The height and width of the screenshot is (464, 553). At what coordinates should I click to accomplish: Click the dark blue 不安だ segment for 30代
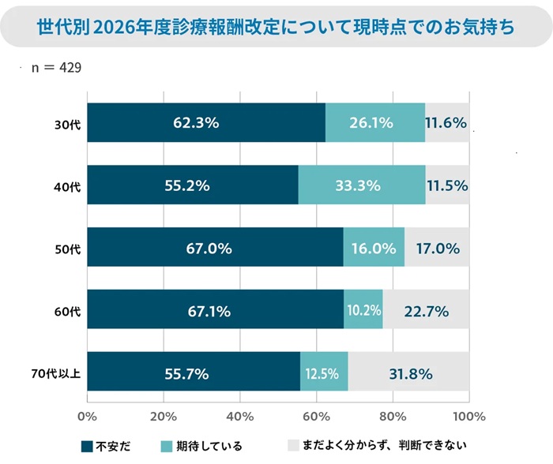(206, 123)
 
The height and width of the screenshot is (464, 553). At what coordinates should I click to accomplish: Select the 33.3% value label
(359, 186)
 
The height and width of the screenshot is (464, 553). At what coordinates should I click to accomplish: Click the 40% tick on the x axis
(239, 416)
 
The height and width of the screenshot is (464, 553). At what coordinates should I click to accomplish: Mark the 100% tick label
(469, 416)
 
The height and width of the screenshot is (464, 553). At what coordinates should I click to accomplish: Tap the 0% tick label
(87, 416)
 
